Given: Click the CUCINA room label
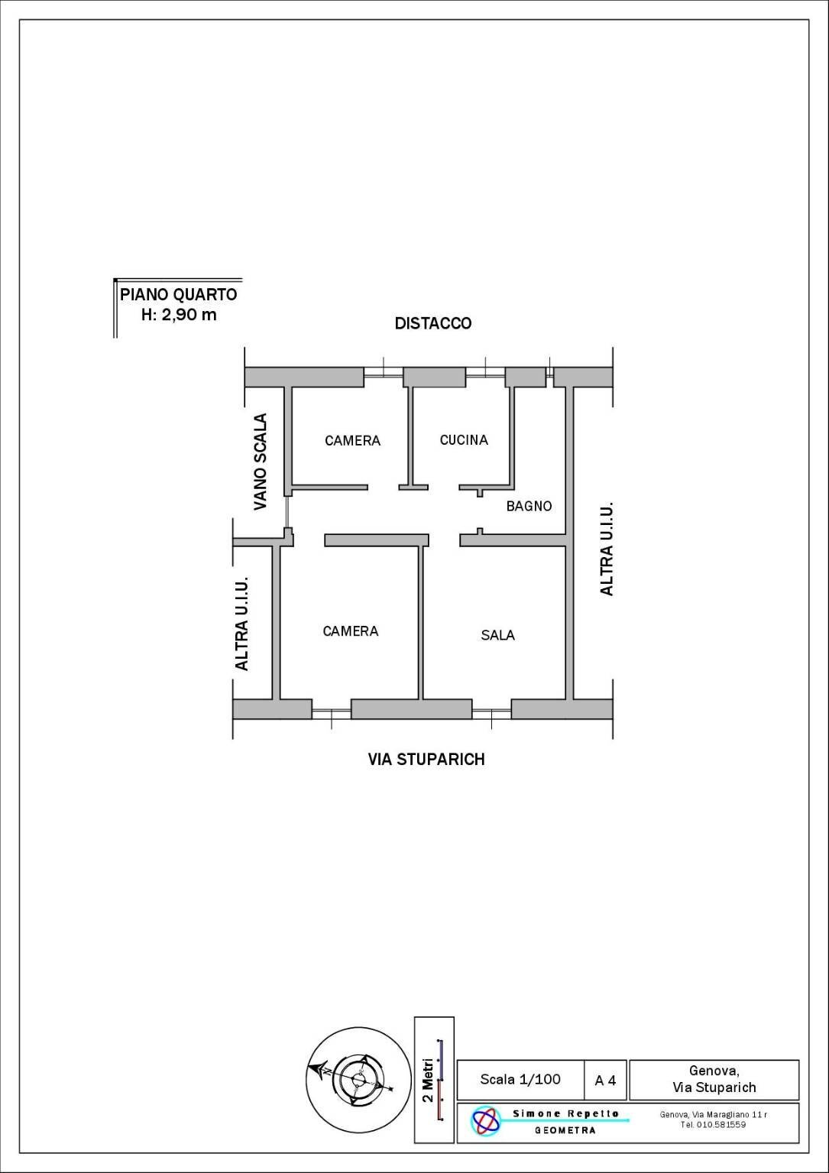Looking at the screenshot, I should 464,439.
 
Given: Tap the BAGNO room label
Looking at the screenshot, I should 529,506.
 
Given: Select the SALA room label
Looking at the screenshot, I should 497,635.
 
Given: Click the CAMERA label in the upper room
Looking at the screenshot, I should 352,440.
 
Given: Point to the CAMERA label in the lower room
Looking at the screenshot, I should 351,631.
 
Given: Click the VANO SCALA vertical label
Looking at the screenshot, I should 261,462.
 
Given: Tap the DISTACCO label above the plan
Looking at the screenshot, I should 432,323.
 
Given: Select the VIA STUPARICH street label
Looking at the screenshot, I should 426,759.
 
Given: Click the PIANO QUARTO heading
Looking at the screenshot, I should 179,294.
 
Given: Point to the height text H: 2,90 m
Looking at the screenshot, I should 179,314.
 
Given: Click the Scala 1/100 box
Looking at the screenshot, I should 520,1079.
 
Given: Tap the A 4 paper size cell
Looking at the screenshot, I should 605,1081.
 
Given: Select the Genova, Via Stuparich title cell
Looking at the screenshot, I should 714,1079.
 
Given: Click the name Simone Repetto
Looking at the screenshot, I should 565,1113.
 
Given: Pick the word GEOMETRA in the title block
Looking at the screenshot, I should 565,1130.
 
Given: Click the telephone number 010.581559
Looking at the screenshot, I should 721,1124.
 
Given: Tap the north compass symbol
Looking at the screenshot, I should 358,1079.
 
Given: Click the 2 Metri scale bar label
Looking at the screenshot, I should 428,1080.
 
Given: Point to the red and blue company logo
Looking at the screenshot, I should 486,1121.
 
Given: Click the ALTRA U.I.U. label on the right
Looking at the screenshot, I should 607,549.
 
